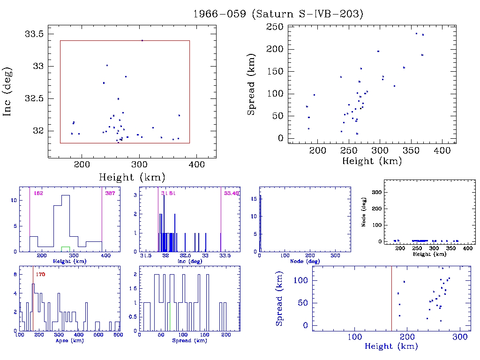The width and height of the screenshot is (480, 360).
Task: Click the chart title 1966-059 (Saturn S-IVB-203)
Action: pos(278,14)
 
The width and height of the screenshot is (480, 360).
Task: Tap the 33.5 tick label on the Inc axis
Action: pos(35,34)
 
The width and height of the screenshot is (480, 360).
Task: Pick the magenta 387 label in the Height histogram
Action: pos(110,193)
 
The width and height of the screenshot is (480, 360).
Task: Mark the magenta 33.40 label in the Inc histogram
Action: pos(232,193)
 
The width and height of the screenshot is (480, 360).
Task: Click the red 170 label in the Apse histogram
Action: pos(40,274)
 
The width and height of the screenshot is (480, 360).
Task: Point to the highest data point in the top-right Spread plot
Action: pos(416,33)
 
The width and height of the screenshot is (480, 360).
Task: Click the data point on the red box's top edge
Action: pos(142,40)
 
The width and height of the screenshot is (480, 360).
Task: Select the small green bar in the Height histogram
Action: pos(66,247)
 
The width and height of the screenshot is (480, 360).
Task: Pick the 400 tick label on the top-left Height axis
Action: pos(196,165)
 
